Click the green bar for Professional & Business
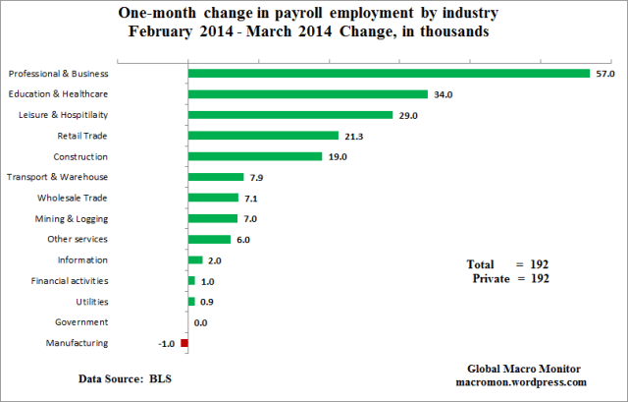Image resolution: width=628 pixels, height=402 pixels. click(389, 74)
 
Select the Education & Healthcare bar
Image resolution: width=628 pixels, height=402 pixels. click(307, 94)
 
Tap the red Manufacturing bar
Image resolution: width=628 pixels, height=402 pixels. click(183, 343)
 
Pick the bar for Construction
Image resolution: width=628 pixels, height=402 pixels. click(254, 156)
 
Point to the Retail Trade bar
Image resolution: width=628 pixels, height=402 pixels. click(263, 136)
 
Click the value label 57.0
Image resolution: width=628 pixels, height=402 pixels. click(606, 74)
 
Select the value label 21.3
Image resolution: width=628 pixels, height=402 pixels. click(355, 136)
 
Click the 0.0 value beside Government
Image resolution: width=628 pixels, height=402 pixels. click(200, 322)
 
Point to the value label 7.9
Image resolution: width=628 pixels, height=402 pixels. click(259, 177)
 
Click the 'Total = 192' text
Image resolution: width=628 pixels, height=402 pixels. click(506, 264)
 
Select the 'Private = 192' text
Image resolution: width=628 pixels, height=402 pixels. click(509, 279)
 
